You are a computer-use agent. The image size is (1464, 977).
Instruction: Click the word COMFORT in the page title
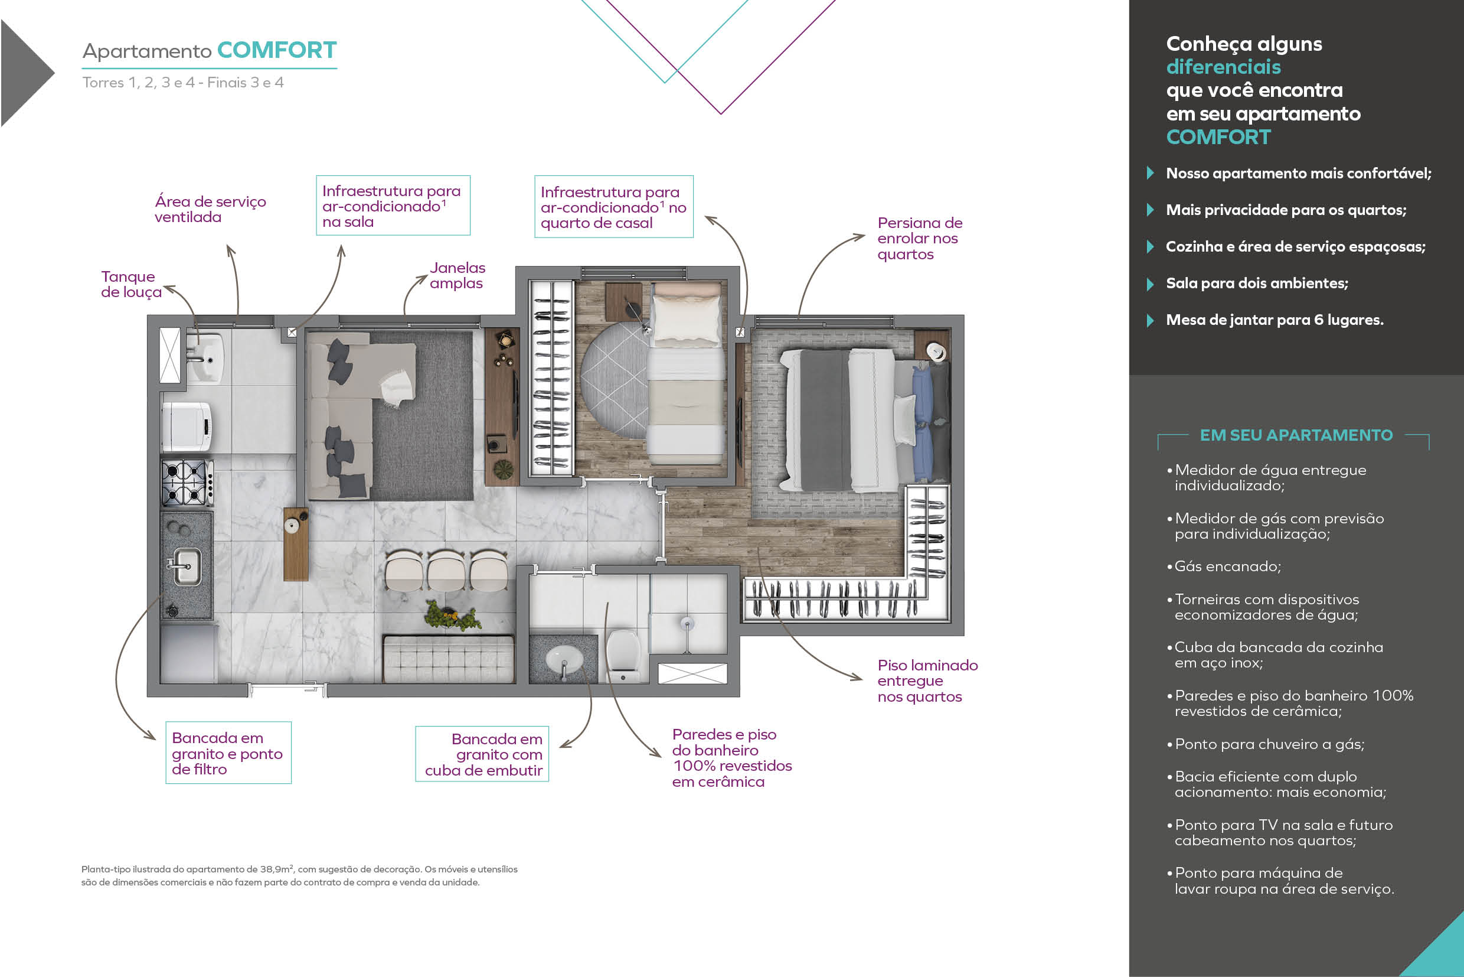[277, 50]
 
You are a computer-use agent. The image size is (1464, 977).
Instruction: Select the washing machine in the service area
[187, 427]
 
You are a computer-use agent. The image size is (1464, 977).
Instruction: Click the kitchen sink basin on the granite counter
[186, 566]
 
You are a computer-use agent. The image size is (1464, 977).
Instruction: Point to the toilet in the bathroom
[623, 656]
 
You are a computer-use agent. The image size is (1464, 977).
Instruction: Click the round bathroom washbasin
[564, 659]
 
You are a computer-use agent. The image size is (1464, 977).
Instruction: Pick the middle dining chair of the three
[446, 570]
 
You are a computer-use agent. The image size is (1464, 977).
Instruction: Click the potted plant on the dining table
[452, 615]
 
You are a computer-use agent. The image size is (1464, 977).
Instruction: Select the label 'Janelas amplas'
[457, 275]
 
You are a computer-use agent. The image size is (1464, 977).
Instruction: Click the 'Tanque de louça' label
[131, 284]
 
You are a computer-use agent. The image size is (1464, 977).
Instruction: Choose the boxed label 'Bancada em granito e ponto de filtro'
[228, 753]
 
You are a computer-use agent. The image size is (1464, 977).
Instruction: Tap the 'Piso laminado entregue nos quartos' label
[927, 681]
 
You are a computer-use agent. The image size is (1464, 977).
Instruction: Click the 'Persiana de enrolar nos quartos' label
[920, 239]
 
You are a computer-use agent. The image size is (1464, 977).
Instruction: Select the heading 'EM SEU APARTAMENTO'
[1296, 435]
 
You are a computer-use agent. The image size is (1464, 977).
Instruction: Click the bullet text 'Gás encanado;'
[1227, 566]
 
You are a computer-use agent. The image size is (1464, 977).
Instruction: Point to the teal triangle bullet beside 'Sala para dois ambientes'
[1150, 284]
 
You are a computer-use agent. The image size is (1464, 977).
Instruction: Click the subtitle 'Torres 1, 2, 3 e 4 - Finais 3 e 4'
[183, 82]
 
